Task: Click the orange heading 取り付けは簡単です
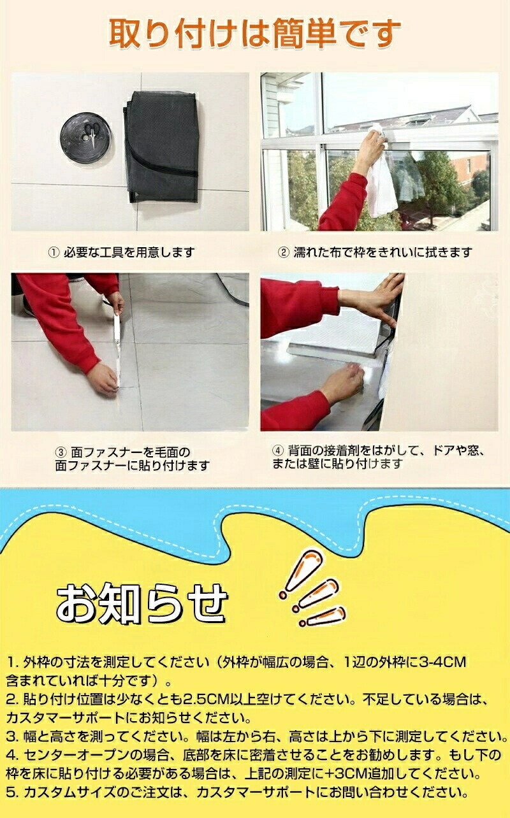[x=254, y=34]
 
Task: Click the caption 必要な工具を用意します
[x=129, y=252]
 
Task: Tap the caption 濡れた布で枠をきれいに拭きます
[x=383, y=252]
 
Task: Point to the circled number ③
[x=61, y=452]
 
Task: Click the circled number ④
[x=278, y=450]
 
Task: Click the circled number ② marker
[x=284, y=252]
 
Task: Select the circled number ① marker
[x=54, y=252]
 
